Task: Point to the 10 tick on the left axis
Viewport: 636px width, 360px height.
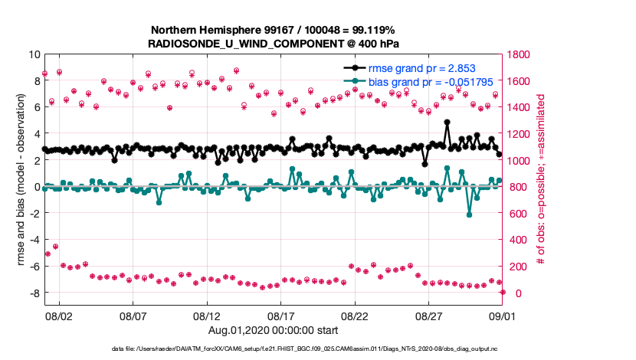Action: click(x=33, y=55)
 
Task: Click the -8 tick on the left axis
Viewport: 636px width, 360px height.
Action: click(x=33, y=293)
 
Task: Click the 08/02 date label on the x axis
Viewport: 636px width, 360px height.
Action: click(x=59, y=315)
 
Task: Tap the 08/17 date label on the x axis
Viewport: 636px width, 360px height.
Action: click(x=281, y=315)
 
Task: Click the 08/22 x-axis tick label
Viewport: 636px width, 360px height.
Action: click(x=356, y=315)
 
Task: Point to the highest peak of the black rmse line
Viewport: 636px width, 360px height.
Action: click(x=447, y=122)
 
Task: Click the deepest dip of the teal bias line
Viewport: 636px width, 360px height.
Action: click(x=469, y=214)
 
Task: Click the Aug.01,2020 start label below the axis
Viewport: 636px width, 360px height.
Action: click(x=273, y=329)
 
